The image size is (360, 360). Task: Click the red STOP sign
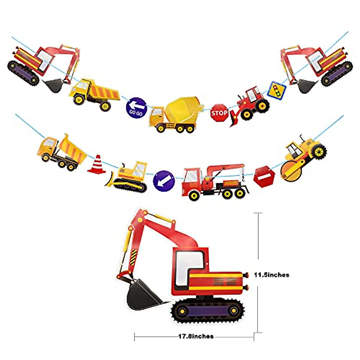pos(219,113)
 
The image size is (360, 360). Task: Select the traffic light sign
pos(277,90)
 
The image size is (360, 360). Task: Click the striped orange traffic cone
pos(97,165)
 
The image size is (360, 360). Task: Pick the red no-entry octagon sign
pos(264,177)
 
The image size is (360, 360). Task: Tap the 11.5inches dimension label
pos(271,274)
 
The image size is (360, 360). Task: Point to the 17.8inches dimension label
pos(196,337)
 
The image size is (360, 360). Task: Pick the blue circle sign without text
pos(164,181)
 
